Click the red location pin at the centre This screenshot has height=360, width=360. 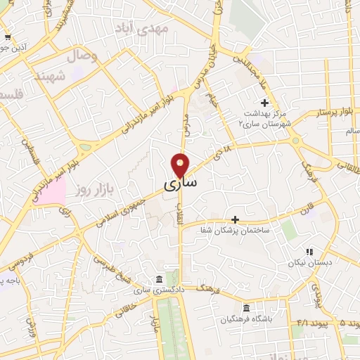[x=181, y=165]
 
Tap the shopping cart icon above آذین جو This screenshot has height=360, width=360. [x=7, y=37]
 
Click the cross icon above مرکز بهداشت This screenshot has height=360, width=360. [x=264, y=103]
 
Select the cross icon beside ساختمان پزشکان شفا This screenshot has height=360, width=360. [x=236, y=219]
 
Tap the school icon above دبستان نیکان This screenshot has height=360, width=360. [x=308, y=251]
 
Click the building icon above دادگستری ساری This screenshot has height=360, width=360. [x=160, y=280]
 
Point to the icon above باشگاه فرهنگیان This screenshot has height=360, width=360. [x=245, y=308]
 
